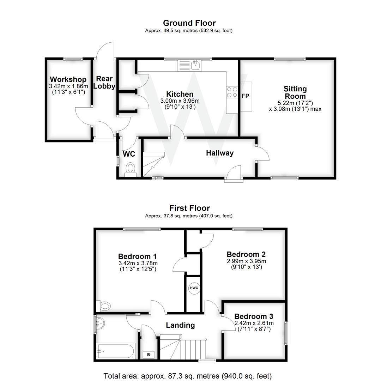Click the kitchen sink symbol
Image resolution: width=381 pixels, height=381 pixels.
(x=189, y=66)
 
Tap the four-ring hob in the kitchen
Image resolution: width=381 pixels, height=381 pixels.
(x=232, y=92)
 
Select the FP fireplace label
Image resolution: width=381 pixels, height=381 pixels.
(x=246, y=96)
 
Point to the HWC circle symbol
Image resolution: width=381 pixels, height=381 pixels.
(x=194, y=288)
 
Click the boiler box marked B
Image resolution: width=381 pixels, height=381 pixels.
(x=149, y=355)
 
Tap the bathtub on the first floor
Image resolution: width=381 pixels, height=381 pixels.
(x=116, y=351)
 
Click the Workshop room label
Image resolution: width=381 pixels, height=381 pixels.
(x=68, y=79)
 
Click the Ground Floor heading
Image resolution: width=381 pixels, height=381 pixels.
(x=189, y=23)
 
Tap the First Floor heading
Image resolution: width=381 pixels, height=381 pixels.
(x=189, y=208)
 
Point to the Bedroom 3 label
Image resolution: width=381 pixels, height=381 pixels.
(x=253, y=316)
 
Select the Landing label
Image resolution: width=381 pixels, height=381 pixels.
(x=180, y=325)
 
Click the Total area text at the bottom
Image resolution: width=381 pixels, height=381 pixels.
(x=187, y=376)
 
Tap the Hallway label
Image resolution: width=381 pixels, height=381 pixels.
(x=220, y=153)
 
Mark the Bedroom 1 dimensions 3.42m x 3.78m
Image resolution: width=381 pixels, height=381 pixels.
(x=138, y=263)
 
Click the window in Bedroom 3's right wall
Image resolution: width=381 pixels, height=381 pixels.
(x=286, y=333)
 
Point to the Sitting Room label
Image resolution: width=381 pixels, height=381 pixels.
(x=295, y=92)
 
